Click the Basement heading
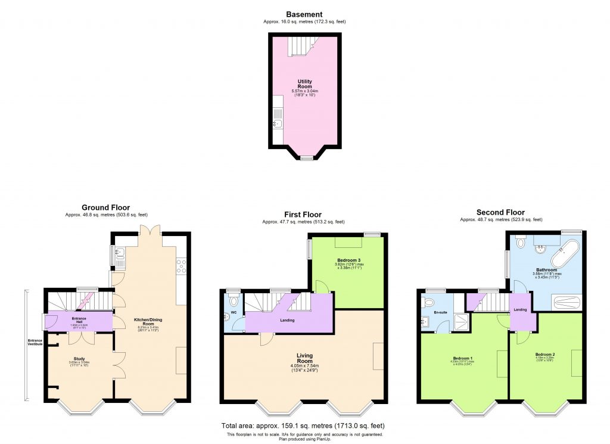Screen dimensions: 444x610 (x=304, y=14)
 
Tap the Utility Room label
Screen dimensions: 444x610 (x=304, y=84)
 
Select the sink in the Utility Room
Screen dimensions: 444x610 (x=277, y=123)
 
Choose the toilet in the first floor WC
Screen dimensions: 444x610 (x=233, y=302)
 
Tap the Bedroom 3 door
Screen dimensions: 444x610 (x=322, y=287)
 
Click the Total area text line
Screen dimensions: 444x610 (x=303, y=426)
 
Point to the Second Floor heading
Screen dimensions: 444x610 (x=500, y=212)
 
